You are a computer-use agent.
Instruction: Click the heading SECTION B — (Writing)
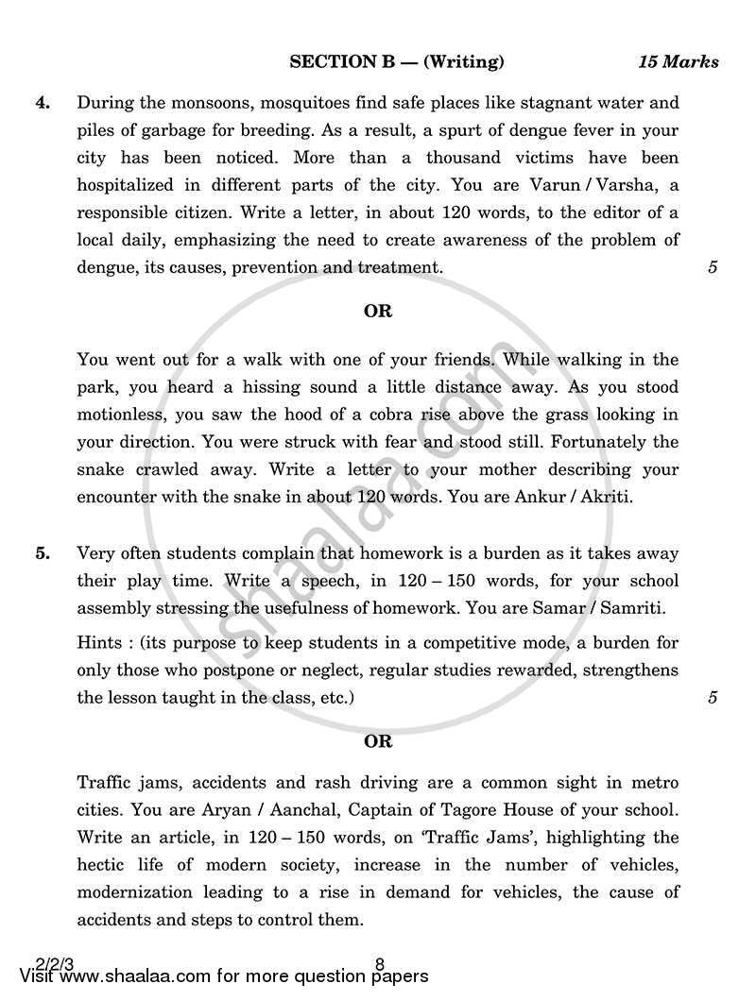pyautogui.click(x=396, y=62)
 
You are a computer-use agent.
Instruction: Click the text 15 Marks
pyautogui.click(x=678, y=62)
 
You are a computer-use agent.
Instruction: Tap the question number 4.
pyautogui.click(x=43, y=102)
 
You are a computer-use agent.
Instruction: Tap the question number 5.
pyautogui.click(x=43, y=553)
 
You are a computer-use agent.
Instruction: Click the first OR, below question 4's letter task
pyautogui.click(x=377, y=311)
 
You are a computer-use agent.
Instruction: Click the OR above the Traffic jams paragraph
pyautogui.click(x=377, y=741)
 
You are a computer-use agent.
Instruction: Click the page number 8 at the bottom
pyautogui.click(x=379, y=964)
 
